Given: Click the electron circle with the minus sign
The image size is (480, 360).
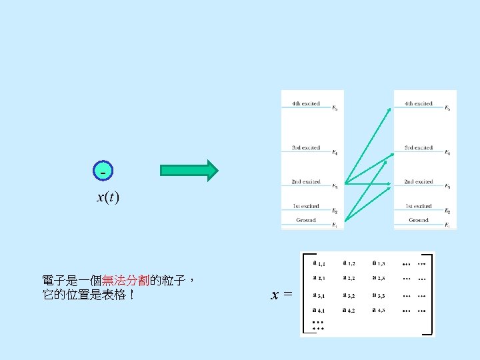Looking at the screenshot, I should (x=103, y=171).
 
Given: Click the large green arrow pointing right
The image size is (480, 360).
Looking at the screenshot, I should (x=189, y=171).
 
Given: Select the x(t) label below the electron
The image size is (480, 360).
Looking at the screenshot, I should (x=107, y=197).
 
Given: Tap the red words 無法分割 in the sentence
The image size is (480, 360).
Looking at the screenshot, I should (x=126, y=281).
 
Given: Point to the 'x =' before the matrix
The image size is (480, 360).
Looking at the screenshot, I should (x=281, y=294).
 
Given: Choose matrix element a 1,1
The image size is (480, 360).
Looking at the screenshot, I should (x=319, y=263).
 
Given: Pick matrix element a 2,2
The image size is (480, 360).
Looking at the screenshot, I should (x=349, y=279).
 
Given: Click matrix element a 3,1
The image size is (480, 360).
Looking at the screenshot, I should (x=319, y=295).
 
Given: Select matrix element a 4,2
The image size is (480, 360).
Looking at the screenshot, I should (x=349, y=310).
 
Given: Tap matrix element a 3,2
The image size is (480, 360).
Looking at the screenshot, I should (x=349, y=295).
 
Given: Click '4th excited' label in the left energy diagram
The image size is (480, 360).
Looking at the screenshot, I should (x=306, y=104).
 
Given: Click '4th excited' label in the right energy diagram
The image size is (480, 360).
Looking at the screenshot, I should (x=419, y=104).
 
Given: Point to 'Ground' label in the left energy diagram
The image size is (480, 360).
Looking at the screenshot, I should (x=306, y=220).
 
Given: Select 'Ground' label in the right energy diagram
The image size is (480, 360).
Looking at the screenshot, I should (x=419, y=220).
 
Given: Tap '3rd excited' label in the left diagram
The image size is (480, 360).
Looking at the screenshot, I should (x=306, y=148).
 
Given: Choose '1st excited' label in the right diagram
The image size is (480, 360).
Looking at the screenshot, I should (x=419, y=207).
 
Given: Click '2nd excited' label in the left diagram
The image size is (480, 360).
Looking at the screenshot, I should (x=306, y=182).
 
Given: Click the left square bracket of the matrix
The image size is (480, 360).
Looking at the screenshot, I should (x=304, y=293).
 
